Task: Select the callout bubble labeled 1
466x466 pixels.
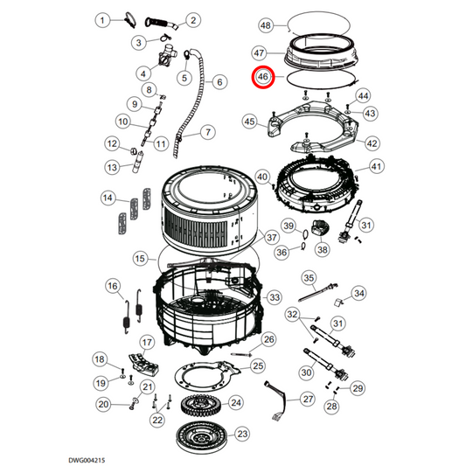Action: [x=103, y=19]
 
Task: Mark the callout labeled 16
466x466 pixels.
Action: [x=113, y=286]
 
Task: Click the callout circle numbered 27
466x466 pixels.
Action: [x=307, y=399]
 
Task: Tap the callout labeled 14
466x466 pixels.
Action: [x=107, y=198]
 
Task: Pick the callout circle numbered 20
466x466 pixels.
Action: [x=104, y=404]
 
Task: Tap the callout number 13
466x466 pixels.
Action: [x=113, y=167]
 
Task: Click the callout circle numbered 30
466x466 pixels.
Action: [x=307, y=372]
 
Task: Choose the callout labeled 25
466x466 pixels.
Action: [x=258, y=365]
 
